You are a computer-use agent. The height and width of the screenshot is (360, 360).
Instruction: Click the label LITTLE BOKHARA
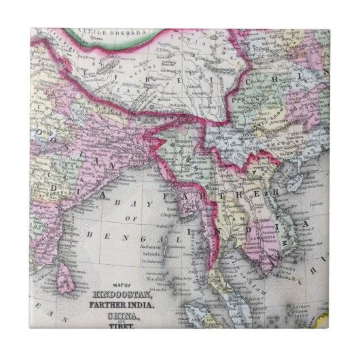click(x=101, y=31)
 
